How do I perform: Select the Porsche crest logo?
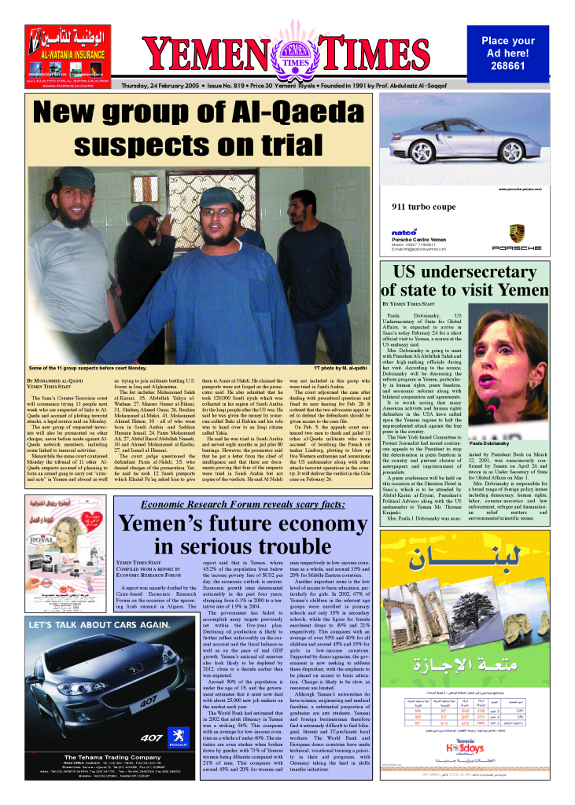[x=517, y=232]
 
